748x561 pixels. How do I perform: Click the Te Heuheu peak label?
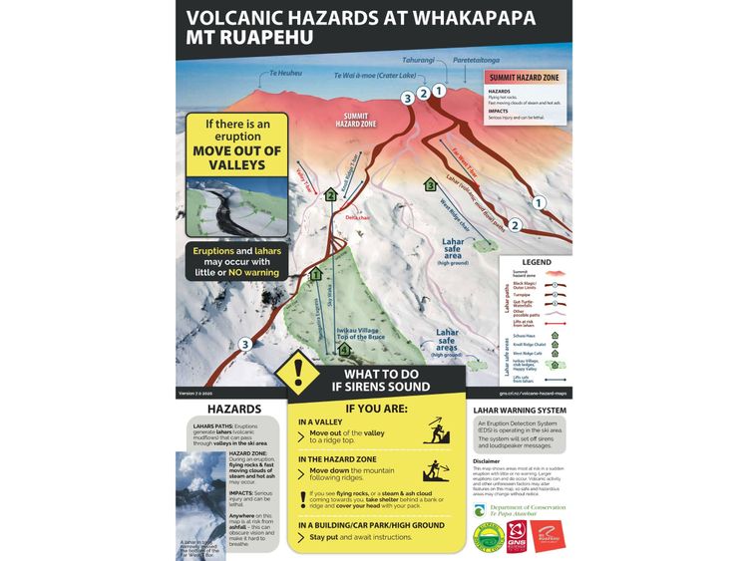tap(285, 74)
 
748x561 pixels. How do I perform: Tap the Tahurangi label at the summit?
tap(416, 60)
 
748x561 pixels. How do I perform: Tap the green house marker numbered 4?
tap(344, 350)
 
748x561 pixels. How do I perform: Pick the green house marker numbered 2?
tap(330, 194)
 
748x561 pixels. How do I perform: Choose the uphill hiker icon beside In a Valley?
tap(435, 431)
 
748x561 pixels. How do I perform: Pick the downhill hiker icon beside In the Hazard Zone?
tap(435, 470)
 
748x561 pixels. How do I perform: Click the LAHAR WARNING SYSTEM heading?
tap(519, 410)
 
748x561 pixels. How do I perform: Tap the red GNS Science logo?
tap(516, 539)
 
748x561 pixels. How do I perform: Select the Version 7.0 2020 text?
tap(200, 394)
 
